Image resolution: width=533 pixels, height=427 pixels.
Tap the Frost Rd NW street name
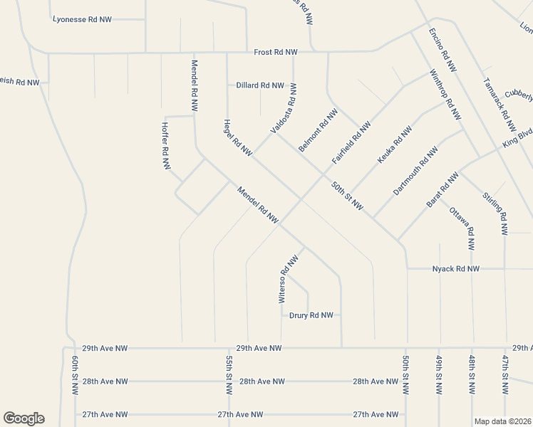(x=276, y=53)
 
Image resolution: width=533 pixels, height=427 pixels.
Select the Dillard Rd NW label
(x=261, y=85)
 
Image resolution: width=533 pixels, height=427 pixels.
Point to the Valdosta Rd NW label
(x=283, y=108)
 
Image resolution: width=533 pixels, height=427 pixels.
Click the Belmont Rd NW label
(x=318, y=130)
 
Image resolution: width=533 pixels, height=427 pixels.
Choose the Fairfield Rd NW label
(x=351, y=144)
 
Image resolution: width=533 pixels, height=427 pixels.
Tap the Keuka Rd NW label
(x=395, y=145)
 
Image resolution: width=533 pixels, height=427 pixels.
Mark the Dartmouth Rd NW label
(x=416, y=172)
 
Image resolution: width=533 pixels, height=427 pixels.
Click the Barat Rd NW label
(x=442, y=190)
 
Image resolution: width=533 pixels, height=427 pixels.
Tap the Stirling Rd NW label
(x=494, y=213)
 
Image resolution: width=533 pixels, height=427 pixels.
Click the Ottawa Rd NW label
(x=461, y=228)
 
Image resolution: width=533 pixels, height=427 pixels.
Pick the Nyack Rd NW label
(x=456, y=269)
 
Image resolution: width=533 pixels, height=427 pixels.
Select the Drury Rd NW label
(x=311, y=315)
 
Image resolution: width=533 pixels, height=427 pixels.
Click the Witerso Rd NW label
(x=288, y=280)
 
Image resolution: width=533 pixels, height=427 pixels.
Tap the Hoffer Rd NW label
(x=165, y=145)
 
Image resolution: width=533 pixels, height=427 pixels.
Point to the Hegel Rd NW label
(x=238, y=137)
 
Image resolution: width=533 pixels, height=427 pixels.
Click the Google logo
(x=24, y=418)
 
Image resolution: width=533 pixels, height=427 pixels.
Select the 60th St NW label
(x=73, y=376)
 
